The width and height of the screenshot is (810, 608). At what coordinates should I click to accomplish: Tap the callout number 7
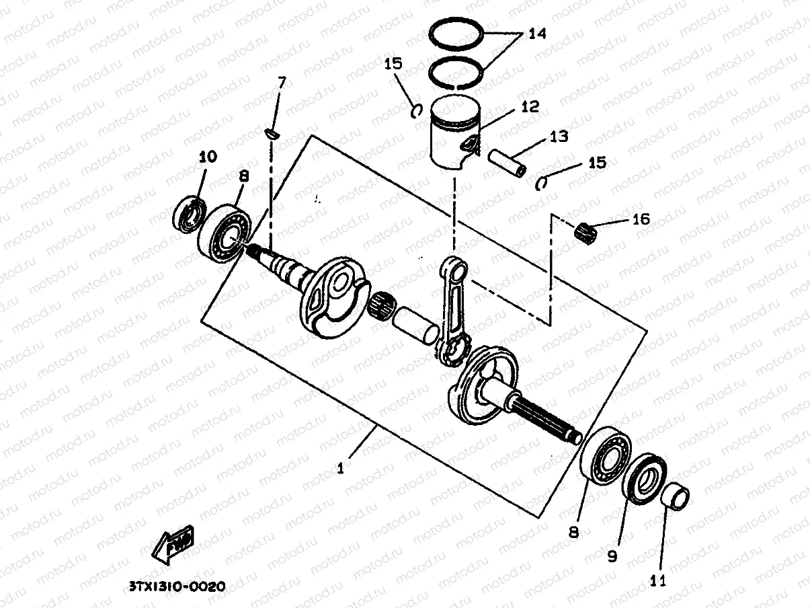282,83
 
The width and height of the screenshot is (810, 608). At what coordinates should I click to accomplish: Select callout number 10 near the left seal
208,157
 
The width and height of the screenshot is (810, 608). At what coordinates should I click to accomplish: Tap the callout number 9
612,557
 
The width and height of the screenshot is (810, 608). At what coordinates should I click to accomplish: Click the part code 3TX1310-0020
175,586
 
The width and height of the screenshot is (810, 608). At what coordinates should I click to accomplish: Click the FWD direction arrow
173,543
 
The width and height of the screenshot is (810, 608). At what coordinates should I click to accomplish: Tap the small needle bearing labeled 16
587,231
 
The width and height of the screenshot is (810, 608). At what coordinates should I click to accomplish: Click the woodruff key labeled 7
272,132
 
